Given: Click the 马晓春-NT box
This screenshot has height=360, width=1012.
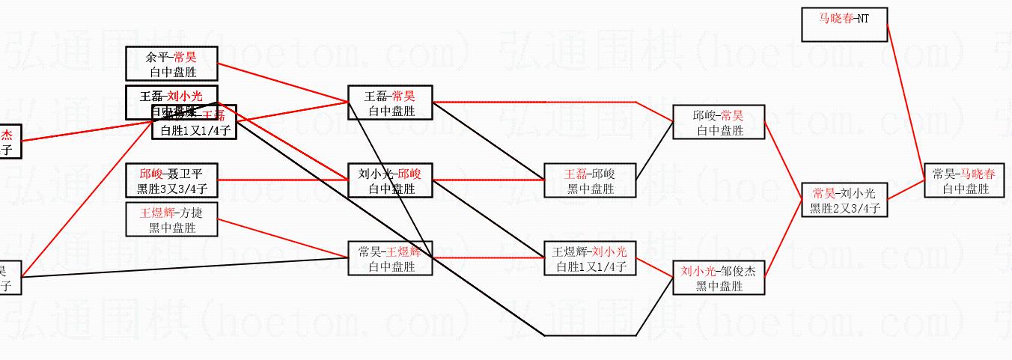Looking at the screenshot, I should (844, 25).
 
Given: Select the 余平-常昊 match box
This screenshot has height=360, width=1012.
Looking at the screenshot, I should (172, 64).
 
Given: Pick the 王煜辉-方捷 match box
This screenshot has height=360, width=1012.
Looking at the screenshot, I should (172, 220).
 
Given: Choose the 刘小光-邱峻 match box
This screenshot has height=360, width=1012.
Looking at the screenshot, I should (390, 181).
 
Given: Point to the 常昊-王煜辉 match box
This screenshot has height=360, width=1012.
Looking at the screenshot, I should (390, 258).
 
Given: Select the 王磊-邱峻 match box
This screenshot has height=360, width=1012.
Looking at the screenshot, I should (591, 181).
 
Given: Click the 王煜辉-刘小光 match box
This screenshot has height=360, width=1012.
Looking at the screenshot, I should (591, 258).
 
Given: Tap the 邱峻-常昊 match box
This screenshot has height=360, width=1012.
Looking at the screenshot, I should (719, 122).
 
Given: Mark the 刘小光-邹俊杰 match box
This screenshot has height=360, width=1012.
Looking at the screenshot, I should (719, 278).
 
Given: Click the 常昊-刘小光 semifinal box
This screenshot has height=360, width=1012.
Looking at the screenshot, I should (844, 200).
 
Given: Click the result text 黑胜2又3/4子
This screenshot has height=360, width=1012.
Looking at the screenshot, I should (844, 209).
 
